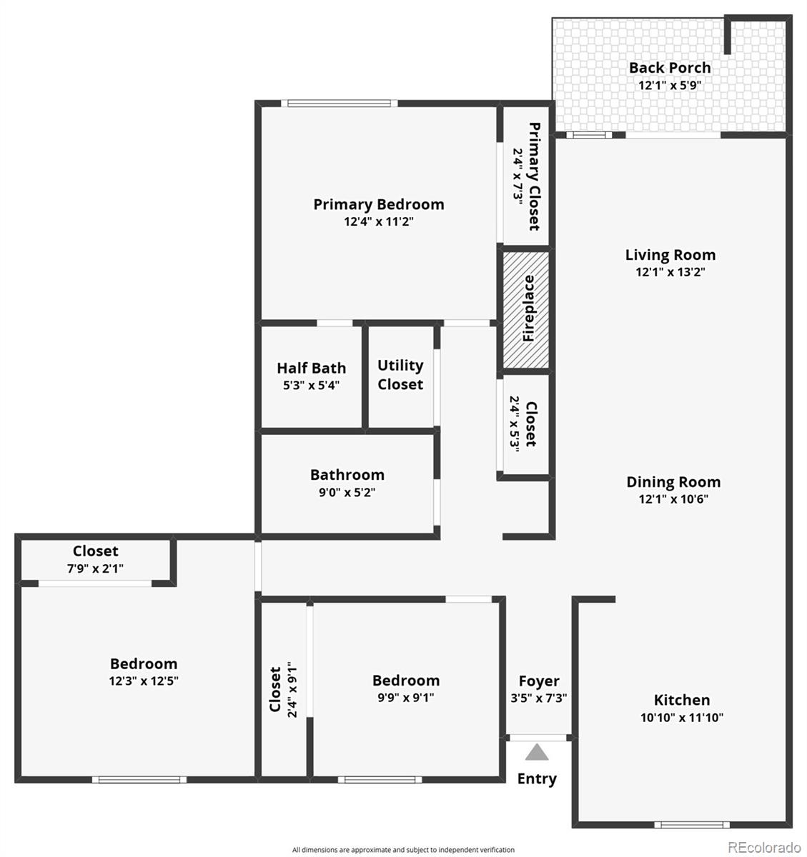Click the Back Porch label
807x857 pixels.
pos(670,68)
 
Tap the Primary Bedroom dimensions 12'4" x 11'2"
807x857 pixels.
pos(379,221)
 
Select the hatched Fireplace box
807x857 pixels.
pos(527,309)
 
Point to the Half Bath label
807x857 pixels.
pos(311,369)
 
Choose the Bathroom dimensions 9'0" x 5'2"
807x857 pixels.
pos(347,492)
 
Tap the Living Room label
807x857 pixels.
pos(670,255)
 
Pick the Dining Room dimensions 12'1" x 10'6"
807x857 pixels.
pos(673,499)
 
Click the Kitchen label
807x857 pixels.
pos(682,700)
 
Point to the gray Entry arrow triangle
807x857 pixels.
pos(538,752)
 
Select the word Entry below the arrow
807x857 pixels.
pos(537,778)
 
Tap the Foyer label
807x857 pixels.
pos(539,681)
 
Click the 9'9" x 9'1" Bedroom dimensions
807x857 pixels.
pos(405,698)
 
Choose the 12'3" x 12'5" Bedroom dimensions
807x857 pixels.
pos(143,681)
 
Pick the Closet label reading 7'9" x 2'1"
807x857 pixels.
pos(95,551)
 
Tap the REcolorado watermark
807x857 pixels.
pos(764,847)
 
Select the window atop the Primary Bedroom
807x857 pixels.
pos(340,104)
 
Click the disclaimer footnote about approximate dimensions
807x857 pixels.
pos(403,850)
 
